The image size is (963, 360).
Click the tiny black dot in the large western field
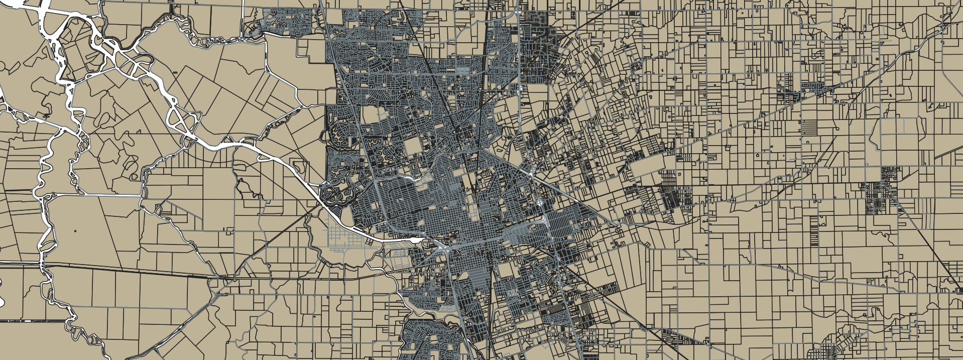coord(75,230)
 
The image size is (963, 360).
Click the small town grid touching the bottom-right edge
coord(828,351)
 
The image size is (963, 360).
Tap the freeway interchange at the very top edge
coord(517,10)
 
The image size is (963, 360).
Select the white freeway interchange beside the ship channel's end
coord(442,246)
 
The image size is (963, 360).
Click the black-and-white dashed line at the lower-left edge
coord(35,320)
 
